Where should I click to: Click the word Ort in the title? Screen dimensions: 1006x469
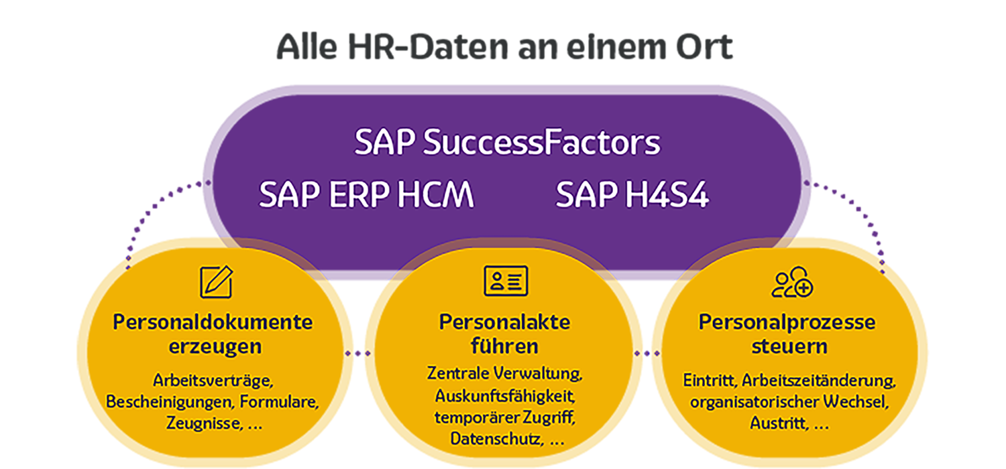[x=704, y=47]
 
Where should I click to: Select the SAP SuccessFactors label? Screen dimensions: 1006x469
[x=508, y=142]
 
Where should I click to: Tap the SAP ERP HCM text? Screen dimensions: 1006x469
[x=366, y=194]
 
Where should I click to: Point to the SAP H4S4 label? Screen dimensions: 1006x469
[x=632, y=194]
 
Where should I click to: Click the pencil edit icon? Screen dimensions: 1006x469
[x=217, y=281]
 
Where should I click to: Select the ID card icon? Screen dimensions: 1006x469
[x=506, y=281]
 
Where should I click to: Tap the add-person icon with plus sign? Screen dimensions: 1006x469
[x=793, y=282]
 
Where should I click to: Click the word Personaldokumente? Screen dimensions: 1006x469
[x=213, y=322]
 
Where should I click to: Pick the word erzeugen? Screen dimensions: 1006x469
[x=215, y=346]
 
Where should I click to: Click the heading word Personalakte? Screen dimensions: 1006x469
[x=505, y=322]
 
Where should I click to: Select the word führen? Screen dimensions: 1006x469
[x=505, y=346]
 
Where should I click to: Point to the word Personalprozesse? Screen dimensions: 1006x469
[x=787, y=322]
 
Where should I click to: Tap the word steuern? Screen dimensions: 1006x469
[x=789, y=346]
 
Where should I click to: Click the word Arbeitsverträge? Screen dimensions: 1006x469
[x=213, y=381]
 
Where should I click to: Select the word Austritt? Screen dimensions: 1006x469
[x=779, y=423]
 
